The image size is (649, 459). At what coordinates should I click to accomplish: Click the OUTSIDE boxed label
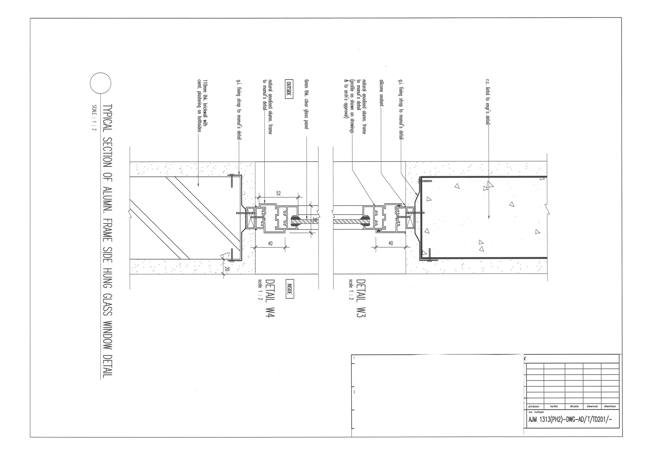coord(289,89)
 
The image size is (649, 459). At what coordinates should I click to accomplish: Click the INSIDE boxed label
coord(289,288)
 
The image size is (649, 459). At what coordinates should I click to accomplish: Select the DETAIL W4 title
coord(270,298)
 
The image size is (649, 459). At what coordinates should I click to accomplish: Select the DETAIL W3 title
coord(361,298)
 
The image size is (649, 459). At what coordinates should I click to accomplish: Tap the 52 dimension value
coord(279,194)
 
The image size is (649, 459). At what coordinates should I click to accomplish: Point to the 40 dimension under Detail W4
coord(270,243)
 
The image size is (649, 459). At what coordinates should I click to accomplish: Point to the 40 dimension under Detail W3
coord(390,243)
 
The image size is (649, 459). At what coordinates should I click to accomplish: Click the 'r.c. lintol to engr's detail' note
coord(488,102)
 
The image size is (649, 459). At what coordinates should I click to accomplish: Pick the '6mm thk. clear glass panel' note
coord(306,104)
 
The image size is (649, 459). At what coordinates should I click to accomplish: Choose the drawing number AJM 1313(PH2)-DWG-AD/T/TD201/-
coord(569,419)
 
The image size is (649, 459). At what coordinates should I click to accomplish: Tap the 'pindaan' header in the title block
coord(534,406)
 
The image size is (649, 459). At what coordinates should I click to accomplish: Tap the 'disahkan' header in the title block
coord(610,406)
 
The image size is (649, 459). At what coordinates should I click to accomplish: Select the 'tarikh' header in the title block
coord(554,406)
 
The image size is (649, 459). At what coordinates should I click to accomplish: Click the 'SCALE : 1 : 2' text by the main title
coord(94,118)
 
